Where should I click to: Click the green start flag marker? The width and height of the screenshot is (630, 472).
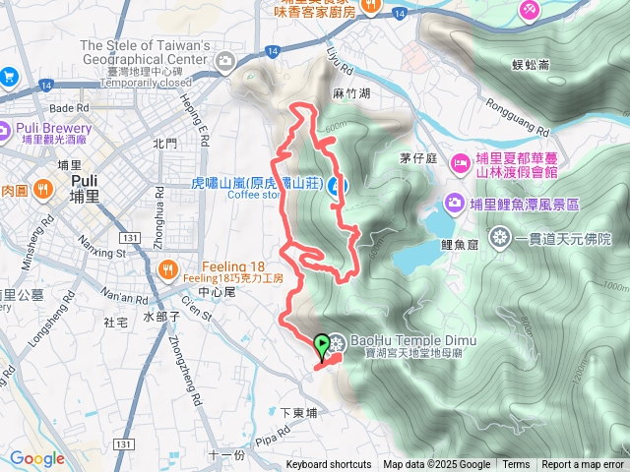[x=322, y=345]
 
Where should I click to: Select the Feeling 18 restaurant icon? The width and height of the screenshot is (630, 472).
[x=169, y=266]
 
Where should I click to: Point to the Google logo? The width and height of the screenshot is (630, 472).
[x=37, y=458]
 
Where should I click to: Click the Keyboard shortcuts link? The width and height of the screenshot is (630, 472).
[x=329, y=465]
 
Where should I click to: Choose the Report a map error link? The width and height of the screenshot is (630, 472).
[x=583, y=465]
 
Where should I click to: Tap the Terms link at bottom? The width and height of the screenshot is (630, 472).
[x=516, y=465]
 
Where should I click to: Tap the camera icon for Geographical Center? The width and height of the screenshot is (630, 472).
[x=227, y=62]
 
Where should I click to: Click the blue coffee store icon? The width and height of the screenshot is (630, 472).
[x=336, y=185]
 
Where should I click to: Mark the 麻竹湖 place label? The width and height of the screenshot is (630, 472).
[x=352, y=94]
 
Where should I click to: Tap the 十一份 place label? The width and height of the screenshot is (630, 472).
[x=226, y=455]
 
